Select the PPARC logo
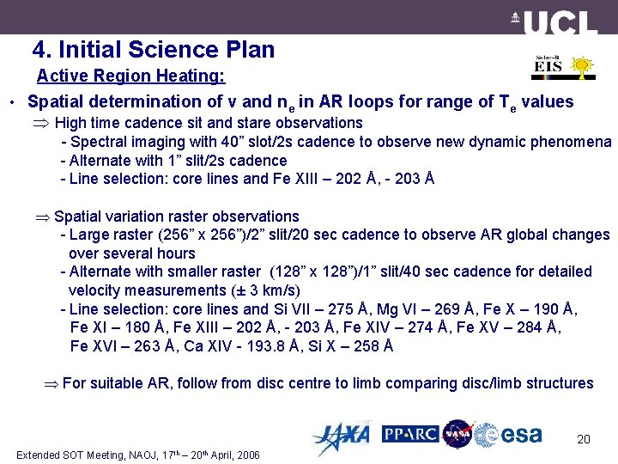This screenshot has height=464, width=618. click(x=410, y=434)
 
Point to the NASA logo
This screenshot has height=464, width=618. click(x=457, y=434)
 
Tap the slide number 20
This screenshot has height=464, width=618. click(x=583, y=440)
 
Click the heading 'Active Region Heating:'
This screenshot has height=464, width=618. click(x=130, y=76)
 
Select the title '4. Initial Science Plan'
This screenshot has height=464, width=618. click(x=154, y=49)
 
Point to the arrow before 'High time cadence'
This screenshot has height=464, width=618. click(x=42, y=123)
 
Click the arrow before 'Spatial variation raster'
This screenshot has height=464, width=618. click(x=42, y=217)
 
